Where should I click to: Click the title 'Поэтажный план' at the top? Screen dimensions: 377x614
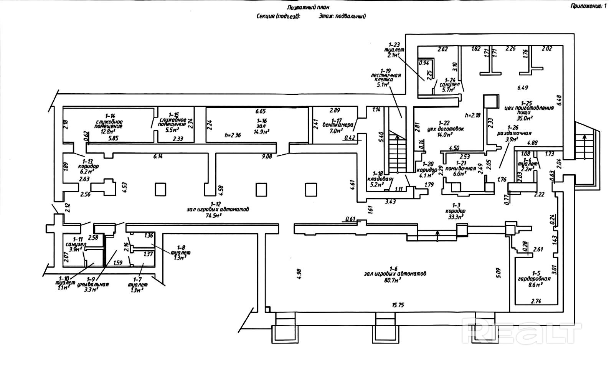click(308, 7)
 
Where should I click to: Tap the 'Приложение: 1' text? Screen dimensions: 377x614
click(589, 5)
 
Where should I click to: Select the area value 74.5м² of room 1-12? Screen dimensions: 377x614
click(216, 216)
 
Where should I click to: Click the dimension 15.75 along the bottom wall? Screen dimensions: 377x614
click(398, 305)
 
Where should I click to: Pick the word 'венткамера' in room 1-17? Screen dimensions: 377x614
click(337, 125)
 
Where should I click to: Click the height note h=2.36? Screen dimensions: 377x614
click(233, 135)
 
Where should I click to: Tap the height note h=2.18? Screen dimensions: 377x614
click(472, 115)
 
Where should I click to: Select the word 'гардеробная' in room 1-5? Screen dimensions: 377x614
click(534, 279)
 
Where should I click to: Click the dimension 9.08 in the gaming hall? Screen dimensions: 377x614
click(267, 156)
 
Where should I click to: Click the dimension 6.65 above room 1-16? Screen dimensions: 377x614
click(261, 111)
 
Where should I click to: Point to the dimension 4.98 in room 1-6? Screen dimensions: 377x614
click(300, 273)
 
